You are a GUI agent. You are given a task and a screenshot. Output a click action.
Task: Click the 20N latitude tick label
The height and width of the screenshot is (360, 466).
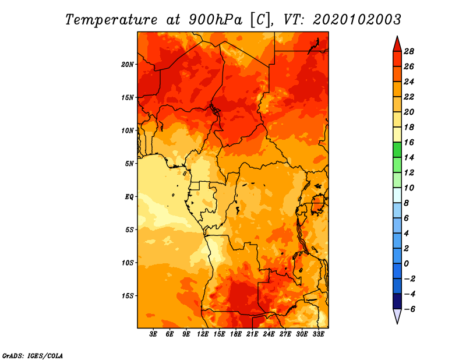[x=128, y=65]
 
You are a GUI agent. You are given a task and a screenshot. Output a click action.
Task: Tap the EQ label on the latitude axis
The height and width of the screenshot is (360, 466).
[x=129, y=197]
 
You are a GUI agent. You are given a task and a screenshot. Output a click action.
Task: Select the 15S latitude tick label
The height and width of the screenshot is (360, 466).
[x=128, y=296]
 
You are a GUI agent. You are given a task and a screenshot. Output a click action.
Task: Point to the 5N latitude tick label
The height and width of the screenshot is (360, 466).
[x=129, y=164]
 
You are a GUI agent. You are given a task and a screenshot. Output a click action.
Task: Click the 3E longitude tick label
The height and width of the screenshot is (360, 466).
[x=153, y=334]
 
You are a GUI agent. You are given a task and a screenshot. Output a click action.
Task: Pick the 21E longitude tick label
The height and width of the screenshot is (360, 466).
[x=252, y=334]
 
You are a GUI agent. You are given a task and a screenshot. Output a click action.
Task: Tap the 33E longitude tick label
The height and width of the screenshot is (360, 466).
[x=318, y=334]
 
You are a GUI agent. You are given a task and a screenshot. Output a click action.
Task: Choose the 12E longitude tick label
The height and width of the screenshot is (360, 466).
[x=203, y=334]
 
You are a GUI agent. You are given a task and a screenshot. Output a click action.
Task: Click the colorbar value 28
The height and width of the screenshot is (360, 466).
[x=409, y=51]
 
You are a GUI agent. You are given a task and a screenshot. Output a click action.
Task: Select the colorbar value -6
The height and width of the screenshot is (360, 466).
[x=409, y=309]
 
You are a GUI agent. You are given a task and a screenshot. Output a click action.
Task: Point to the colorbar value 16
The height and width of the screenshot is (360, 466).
[x=409, y=142]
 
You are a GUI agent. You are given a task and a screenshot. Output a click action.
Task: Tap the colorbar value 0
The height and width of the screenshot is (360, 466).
[x=406, y=264]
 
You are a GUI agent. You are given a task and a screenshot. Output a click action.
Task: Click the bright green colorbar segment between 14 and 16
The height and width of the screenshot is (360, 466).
[x=397, y=150]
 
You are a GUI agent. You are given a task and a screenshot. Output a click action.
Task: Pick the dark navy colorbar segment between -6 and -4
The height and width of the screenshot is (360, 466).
[x=397, y=301]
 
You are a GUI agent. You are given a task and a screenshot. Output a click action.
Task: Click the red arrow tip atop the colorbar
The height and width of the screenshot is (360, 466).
[x=397, y=36]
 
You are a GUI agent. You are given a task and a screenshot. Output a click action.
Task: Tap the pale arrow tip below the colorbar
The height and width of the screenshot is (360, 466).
[x=397, y=323]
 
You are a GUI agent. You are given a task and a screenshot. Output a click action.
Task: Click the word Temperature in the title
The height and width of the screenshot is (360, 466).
[x=111, y=20]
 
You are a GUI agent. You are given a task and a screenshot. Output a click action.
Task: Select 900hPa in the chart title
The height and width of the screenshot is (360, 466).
[x=216, y=20]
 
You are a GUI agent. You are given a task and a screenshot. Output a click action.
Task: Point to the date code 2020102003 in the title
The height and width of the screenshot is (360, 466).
[x=357, y=20]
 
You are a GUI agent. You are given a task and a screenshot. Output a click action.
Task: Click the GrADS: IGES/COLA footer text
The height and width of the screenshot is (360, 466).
[x=33, y=356]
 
